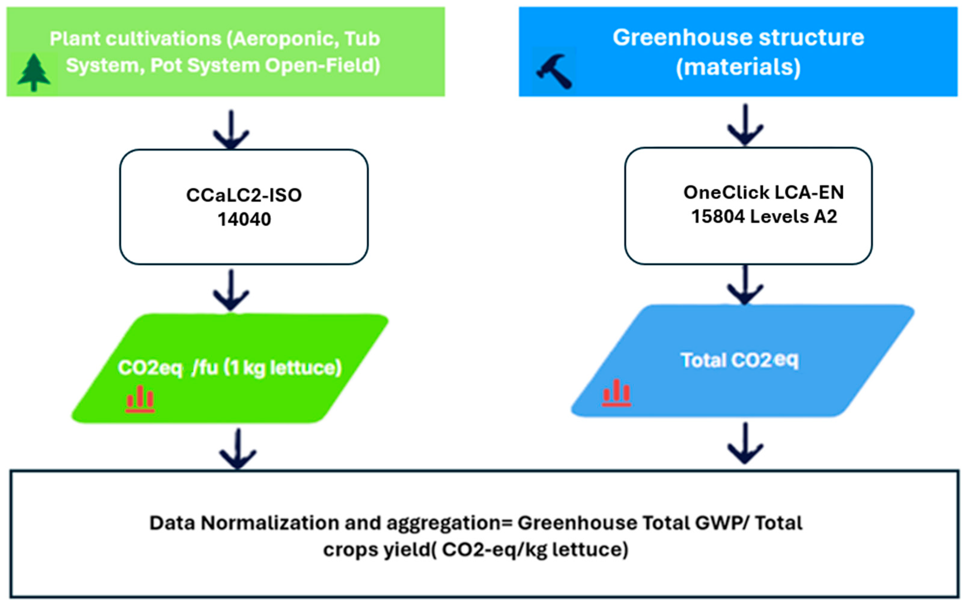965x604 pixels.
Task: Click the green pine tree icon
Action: pyautogui.click(x=34, y=72)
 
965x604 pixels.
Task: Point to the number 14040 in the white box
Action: pyautogui.click(x=244, y=219)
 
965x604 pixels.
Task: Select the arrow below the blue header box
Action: pyautogui.click(x=745, y=125)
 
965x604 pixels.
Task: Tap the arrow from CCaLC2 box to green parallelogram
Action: pyautogui.click(x=231, y=290)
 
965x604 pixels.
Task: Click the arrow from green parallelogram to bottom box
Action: pyautogui.click(x=238, y=449)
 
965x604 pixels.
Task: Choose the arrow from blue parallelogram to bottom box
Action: pyautogui.click(x=745, y=443)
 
